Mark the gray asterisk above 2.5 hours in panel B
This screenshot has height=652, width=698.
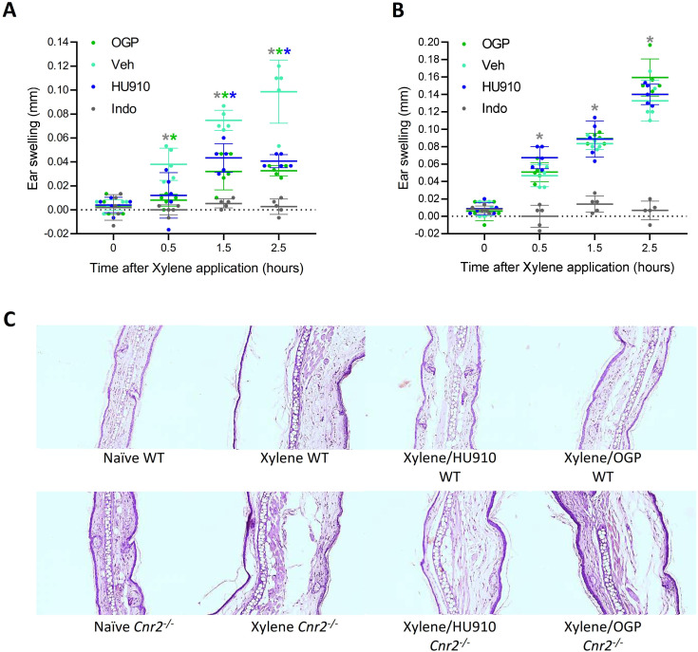click(x=650, y=41)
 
